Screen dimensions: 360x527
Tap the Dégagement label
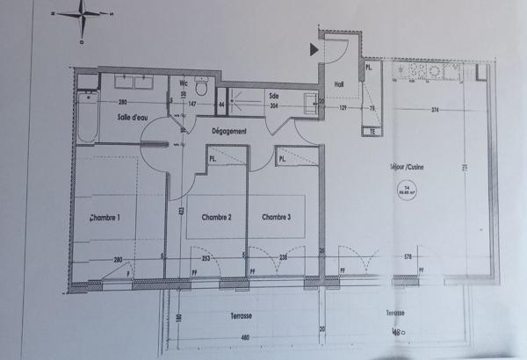(x=228, y=131)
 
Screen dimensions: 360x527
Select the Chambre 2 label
(x=216, y=217)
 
